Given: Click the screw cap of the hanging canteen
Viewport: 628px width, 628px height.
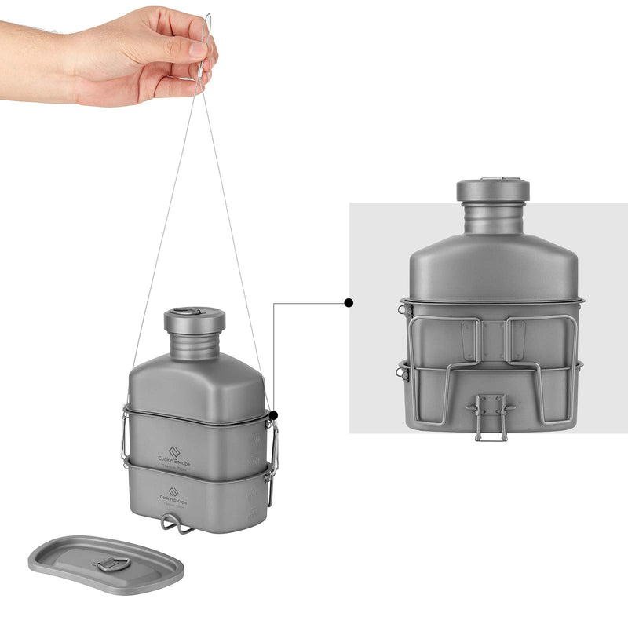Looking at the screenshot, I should [x=195, y=319].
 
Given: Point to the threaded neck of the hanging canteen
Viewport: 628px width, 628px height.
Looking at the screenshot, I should [x=195, y=345].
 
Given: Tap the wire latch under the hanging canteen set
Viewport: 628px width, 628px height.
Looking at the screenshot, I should [x=177, y=524].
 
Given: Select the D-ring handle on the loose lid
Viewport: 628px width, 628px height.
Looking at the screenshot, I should [x=114, y=563].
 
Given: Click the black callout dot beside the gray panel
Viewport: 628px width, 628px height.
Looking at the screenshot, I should [x=349, y=302].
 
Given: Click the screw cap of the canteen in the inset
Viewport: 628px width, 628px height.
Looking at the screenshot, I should [x=493, y=189].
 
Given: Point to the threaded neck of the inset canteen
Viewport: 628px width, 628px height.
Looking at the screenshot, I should [x=493, y=217].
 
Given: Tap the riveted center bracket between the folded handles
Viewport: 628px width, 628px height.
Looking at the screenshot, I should [x=492, y=339].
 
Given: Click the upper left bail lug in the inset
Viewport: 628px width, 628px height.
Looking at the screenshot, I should [x=404, y=310].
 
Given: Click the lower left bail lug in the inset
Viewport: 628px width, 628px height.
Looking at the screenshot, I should [x=403, y=369].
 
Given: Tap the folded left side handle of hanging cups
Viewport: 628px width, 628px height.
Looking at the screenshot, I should [x=125, y=436].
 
